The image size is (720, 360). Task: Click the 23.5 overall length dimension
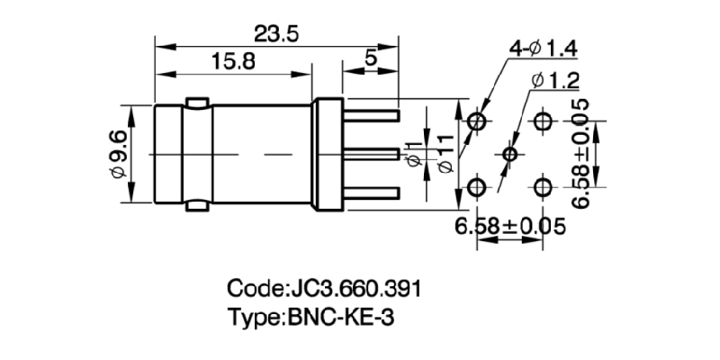(x=276, y=33)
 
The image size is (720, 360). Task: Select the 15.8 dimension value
(x=232, y=61)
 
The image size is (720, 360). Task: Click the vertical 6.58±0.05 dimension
(x=586, y=154)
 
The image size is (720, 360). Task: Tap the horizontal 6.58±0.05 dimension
(x=509, y=226)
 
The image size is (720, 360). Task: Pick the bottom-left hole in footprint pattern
(x=477, y=187)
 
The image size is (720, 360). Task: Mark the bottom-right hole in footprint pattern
(x=544, y=187)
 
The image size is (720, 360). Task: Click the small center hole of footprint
(x=510, y=154)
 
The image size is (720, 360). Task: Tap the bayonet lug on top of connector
(x=197, y=100)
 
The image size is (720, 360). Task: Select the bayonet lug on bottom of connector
(x=197, y=208)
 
